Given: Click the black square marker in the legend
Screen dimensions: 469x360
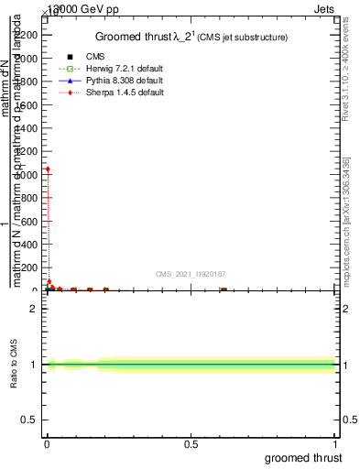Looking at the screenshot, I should (71, 57).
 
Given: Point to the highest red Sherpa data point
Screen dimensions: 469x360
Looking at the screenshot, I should (48, 169).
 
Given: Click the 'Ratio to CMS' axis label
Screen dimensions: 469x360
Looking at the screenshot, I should (15, 365).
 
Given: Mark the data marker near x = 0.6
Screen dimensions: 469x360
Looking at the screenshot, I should (223, 289).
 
